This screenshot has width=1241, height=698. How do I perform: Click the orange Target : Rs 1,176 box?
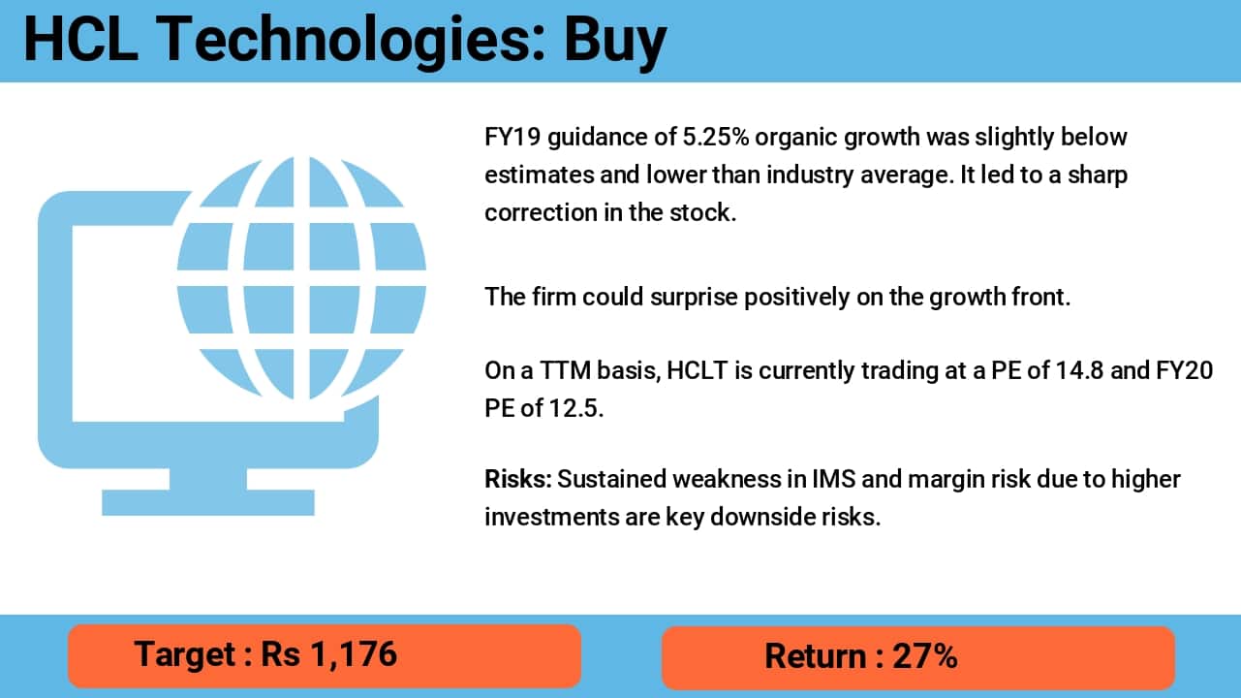[324, 655]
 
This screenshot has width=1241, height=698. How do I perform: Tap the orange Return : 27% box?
[917, 656]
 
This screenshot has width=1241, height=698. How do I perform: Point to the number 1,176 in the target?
[354, 654]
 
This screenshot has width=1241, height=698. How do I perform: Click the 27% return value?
[925, 656]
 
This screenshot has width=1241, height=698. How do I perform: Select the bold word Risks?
[517, 479]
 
